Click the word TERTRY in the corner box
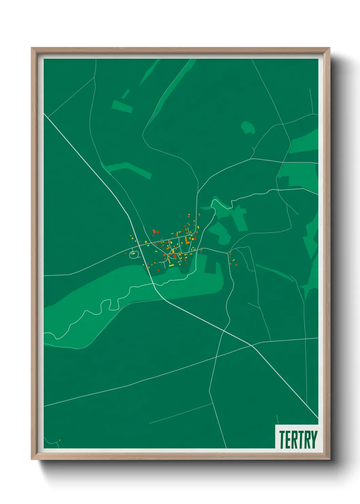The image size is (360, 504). pos(298,440)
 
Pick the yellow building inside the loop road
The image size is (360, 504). pos(133,253)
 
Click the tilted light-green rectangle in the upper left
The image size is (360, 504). pos(122,106)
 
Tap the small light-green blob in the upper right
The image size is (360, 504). pos(248,127)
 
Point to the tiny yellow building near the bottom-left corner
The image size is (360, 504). pos(60,440)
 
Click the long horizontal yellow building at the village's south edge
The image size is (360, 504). pos(171,265)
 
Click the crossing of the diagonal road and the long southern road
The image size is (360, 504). pos(252,345)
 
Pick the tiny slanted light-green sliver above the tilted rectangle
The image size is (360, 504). pos(126,94)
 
